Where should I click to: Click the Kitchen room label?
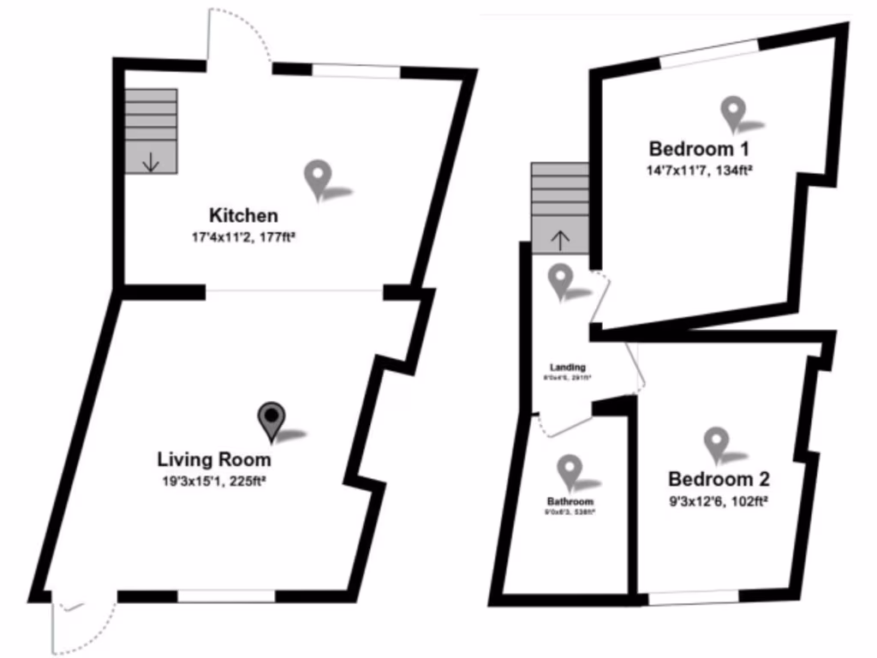[243, 215]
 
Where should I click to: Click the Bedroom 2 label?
[718, 479]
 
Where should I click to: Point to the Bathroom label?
[570, 501]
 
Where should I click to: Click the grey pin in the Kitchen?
[318, 178]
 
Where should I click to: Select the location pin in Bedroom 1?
[733, 112]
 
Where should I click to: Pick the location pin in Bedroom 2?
[716, 443]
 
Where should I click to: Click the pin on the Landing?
[560, 279]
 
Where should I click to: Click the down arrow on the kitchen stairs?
[151, 161]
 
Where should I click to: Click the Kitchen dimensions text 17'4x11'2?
[243, 236]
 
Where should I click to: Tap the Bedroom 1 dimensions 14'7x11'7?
[699, 170]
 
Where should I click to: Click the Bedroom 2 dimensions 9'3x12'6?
[718, 500]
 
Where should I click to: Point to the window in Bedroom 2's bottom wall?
[693, 597]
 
